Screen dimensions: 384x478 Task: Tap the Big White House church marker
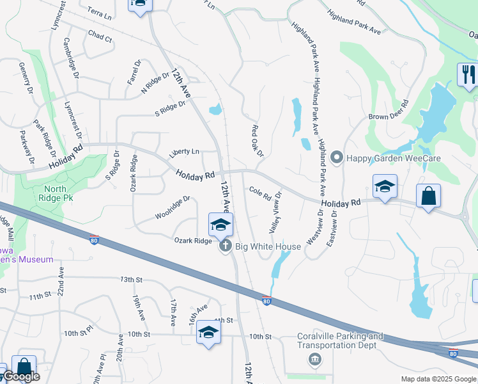coord(224,246)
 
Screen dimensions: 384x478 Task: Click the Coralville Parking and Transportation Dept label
coord(341,340)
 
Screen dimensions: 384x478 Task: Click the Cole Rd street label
coord(260,192)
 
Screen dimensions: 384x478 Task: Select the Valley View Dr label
coord(276,212)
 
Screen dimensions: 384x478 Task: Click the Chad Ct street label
coord(100,36)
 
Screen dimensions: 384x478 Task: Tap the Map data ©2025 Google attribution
coord(439,379)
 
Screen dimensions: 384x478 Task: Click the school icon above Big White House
coord(220,225)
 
